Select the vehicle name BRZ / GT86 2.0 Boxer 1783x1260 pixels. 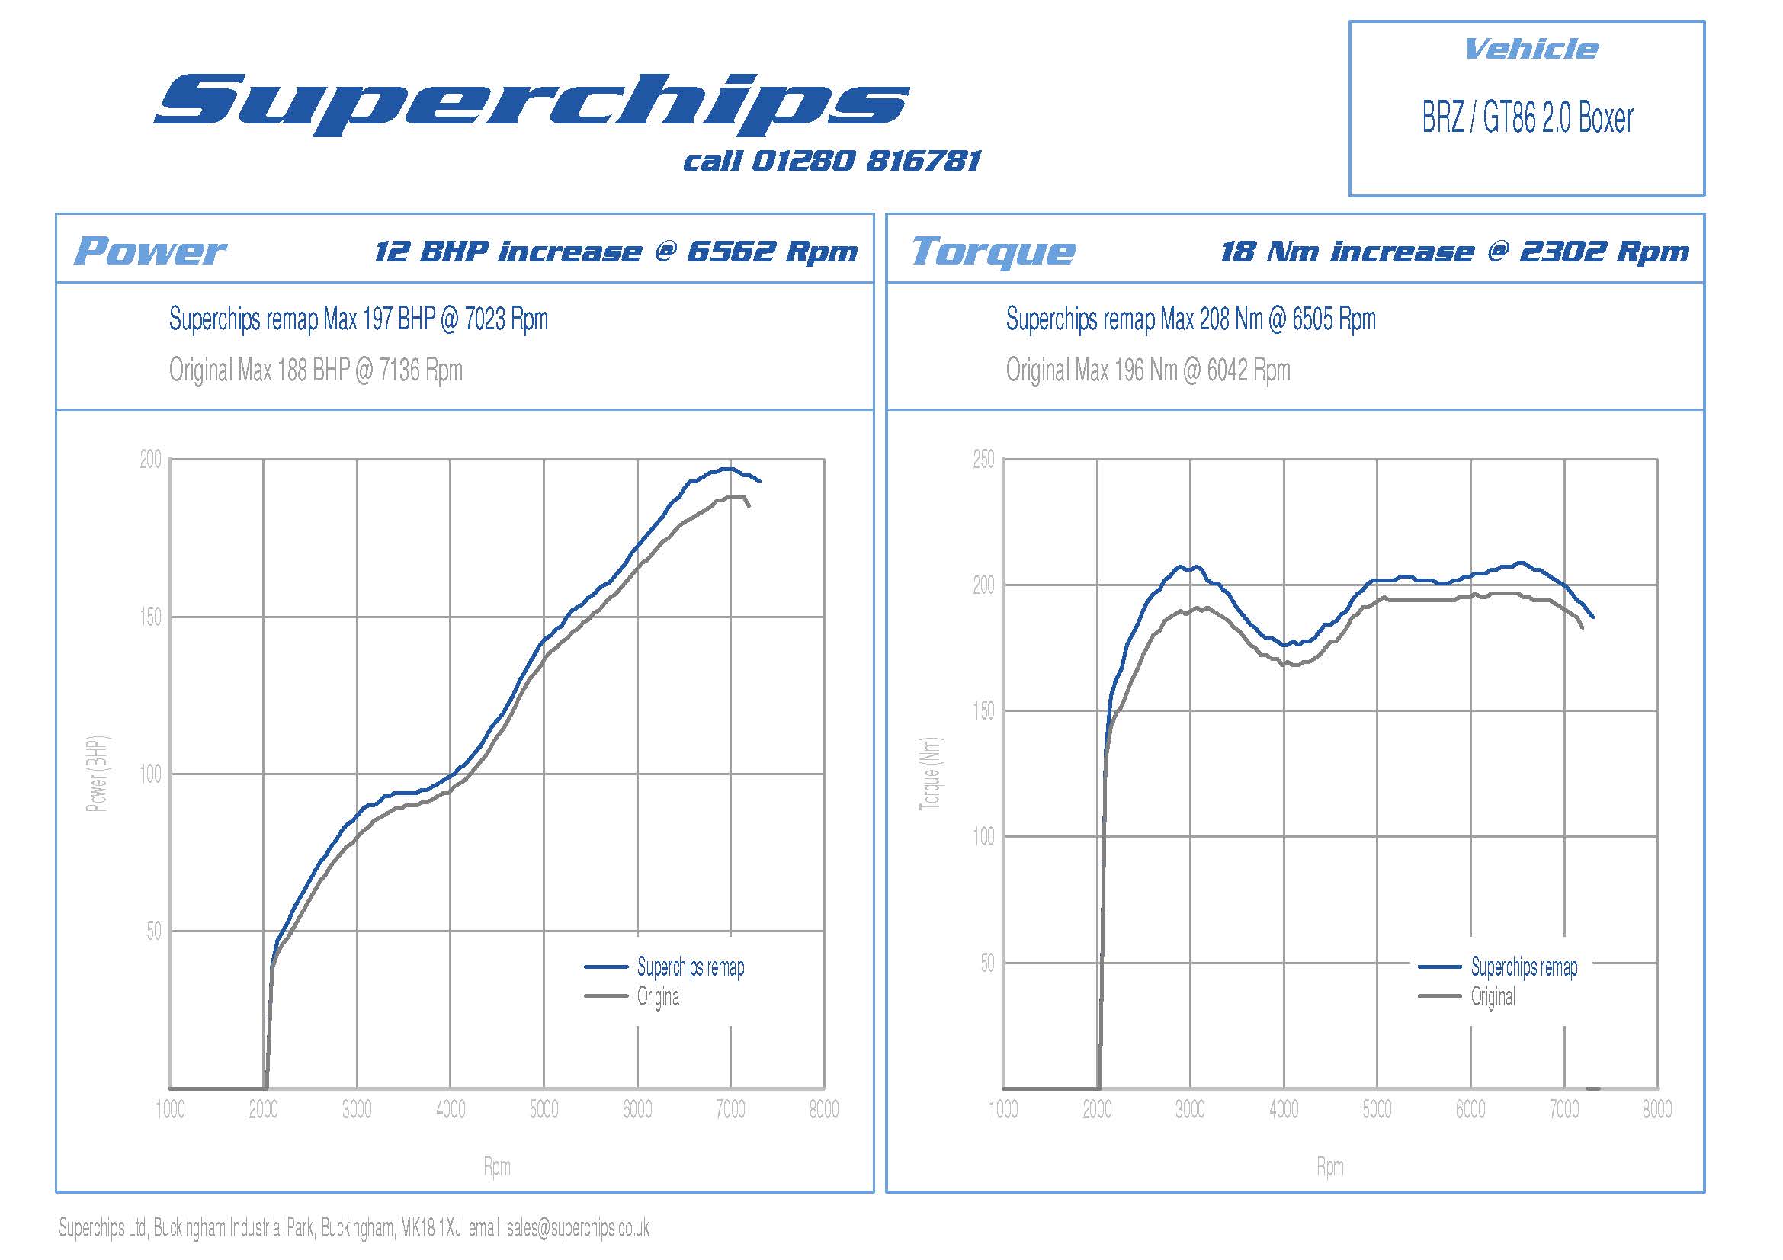pos(1527,118)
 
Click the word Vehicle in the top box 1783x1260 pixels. pos(1530,50)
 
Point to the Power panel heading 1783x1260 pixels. pos(150,251)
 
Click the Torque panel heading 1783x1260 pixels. pos(993,252)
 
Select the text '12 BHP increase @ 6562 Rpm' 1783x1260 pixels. pos(615,252)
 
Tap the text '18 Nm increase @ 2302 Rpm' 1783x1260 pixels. pos(1454,252)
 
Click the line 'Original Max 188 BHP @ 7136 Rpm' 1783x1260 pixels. pos(316,370)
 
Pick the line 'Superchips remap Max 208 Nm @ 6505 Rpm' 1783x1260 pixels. pos(1190,319)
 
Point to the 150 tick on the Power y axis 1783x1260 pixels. pos(151,617)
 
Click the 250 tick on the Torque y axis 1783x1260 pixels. pos(983,460)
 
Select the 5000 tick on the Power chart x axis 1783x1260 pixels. pos(544,1109)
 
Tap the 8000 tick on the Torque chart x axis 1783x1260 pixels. pos(1656,1109)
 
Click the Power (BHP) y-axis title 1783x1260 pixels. pos(97,773)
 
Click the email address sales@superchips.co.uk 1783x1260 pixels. pos(578,1227)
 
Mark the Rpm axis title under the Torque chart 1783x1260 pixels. pos(1329,1166)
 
